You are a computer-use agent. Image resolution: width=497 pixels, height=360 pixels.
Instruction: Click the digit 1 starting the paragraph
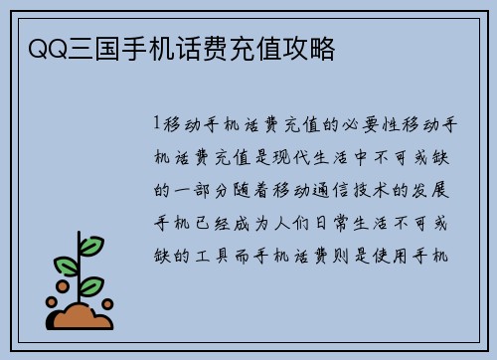(x=157, y=124)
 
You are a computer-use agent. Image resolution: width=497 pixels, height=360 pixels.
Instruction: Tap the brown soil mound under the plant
(x=83, y=315)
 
